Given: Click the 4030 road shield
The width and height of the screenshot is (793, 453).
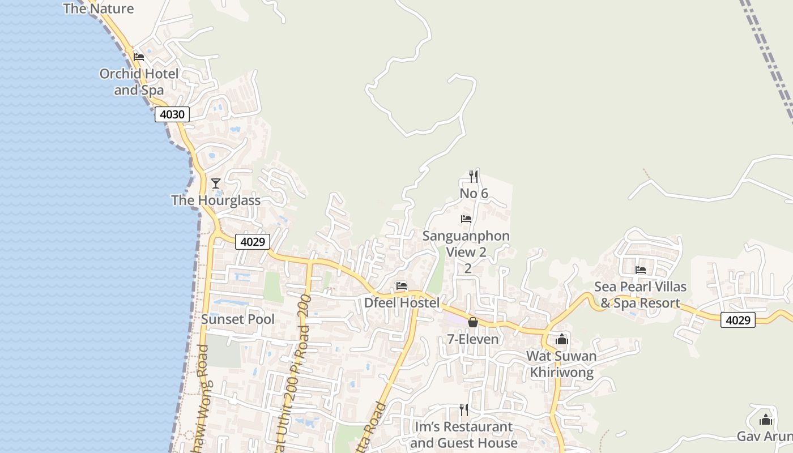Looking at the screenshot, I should [172, 114].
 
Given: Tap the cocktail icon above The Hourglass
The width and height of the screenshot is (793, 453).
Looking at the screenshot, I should [215, 183].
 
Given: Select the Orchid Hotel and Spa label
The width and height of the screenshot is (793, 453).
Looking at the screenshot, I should [139, 82].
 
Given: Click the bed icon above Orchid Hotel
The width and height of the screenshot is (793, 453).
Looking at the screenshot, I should [139, 57].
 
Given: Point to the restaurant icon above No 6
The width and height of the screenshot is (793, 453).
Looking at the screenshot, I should [474, 177].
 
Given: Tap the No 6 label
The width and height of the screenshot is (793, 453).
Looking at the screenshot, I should [474, 194].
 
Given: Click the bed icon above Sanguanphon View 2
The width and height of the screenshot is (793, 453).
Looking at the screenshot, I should [466, 219].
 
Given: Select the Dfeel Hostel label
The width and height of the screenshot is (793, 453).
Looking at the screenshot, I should [402, 303].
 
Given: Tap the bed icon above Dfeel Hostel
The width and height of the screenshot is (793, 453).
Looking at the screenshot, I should [402, 286].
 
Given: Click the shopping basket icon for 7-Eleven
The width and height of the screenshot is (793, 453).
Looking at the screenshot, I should [473, 322].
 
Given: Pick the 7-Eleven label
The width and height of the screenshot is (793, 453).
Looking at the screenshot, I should [473, 339].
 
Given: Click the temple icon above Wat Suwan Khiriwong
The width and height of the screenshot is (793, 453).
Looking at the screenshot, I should [562, 339].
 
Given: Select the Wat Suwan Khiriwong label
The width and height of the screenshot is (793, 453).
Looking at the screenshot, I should [561, 364].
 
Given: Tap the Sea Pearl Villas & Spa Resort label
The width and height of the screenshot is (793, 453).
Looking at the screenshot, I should [640, 294].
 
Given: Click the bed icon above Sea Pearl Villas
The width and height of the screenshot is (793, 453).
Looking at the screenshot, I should [641, 270].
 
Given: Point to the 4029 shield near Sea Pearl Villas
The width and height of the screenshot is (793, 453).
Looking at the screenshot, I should [738, 320].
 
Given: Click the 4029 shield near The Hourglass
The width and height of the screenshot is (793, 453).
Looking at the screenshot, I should [253, 242].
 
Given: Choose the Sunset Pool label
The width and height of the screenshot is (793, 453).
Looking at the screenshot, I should [238, 319].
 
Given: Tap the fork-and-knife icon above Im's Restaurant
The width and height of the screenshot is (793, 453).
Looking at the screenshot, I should [464, 410].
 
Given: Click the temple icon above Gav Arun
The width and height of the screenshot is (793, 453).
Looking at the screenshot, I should [766, 420].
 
